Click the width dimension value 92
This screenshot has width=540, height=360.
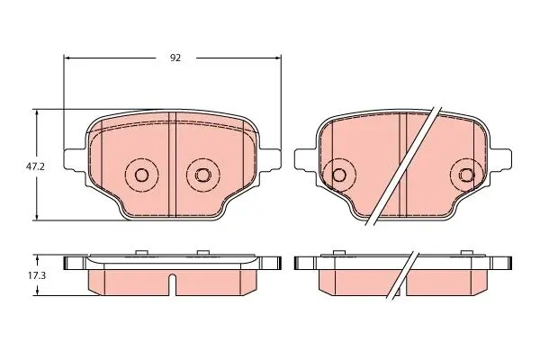pos(175,58)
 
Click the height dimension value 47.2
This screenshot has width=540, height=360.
pos(35,166)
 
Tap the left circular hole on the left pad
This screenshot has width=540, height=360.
pos(141,175)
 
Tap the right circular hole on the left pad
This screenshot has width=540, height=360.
pos(202,175)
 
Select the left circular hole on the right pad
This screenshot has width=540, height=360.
pos(339,175)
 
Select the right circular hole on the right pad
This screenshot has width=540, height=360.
pos(466,175)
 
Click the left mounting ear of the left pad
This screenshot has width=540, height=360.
pos(75,159)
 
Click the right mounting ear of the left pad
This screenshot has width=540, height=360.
pos(270,159)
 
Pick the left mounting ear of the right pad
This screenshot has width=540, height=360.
pos(305,159)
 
